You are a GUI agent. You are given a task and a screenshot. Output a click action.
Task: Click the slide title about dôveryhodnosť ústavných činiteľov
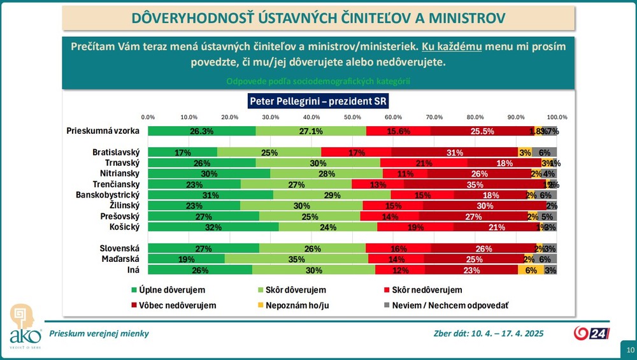tap(318, 17)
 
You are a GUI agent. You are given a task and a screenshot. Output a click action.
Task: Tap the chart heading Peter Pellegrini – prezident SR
tap(318, 101)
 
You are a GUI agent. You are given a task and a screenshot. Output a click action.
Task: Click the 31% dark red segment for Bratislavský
tap(454, 152)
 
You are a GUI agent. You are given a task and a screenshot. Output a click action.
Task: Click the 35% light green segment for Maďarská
tap(296, 259)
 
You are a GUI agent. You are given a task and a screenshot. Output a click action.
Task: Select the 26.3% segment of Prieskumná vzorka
tap(201, 131)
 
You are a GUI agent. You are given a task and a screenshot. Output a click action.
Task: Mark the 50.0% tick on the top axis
tap(352, 117)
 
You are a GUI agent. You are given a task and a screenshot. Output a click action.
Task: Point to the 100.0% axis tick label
tap(557, 117)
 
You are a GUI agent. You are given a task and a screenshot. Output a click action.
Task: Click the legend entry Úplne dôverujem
tap(170, 290)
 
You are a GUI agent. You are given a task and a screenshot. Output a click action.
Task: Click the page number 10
tap(629, 350)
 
